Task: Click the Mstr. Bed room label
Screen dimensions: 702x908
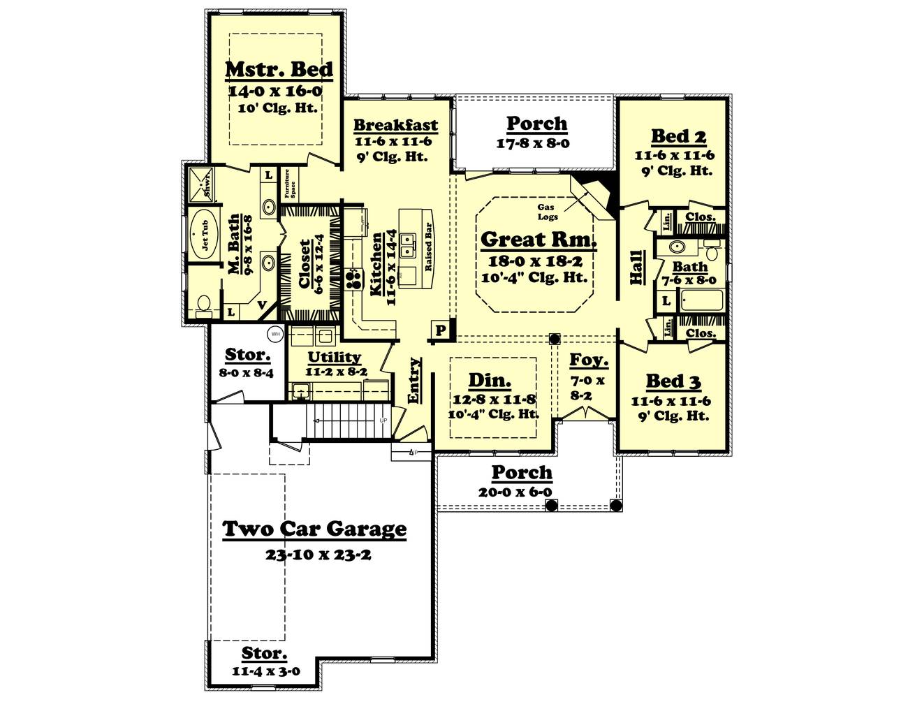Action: pyautogui.click(x=279, y=70)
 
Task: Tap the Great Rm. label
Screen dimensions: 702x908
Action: pyautogui.click(x=539, y=240)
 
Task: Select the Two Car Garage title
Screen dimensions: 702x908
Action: pyautogui.click(x=314, y=529)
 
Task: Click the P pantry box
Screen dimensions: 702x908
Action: pyautogui.click(x=440, y=330)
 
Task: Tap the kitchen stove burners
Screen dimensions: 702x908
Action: pyautogui.click(x=354, y=279)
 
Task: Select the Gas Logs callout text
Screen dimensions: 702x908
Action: pyautogui.click(x=548, y=212)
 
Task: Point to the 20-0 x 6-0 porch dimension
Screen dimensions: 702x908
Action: pyautogui.click(x=521, y=492)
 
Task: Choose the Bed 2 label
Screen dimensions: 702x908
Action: pyautogui.click(x=673, y=136)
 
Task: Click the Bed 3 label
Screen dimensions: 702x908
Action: pyautogui.click(x=673, y=381)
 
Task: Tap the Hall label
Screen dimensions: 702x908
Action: pyautogui.click(x=636, y=266)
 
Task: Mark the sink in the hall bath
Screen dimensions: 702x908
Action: pyautogui.click(x=676, y=247)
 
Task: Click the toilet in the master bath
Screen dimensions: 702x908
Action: pyautogui.click(x=203, y=305)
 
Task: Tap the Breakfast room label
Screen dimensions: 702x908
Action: pyautogui.click(x=395, y=126)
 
